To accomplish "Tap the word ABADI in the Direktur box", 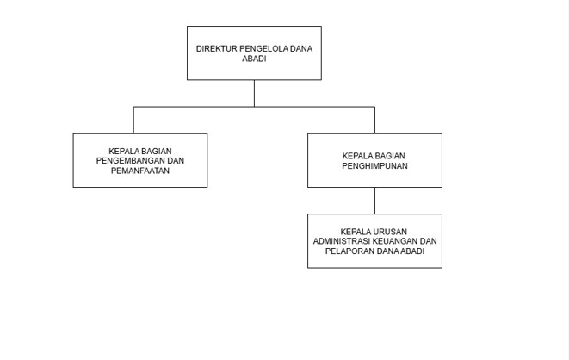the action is point(254,59).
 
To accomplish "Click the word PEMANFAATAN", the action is point(140,171).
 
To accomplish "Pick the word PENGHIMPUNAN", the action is point(374,166).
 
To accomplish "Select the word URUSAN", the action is point(390,232).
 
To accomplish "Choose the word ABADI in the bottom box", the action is point(412,251).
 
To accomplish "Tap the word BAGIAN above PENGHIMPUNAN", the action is point(390,156).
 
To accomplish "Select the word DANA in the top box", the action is point(301,48).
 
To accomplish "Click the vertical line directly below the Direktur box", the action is point(255,93).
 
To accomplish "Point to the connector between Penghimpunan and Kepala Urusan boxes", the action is point(374,201).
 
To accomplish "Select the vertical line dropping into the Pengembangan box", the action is point(133,120).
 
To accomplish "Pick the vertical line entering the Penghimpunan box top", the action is point(374,120).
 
